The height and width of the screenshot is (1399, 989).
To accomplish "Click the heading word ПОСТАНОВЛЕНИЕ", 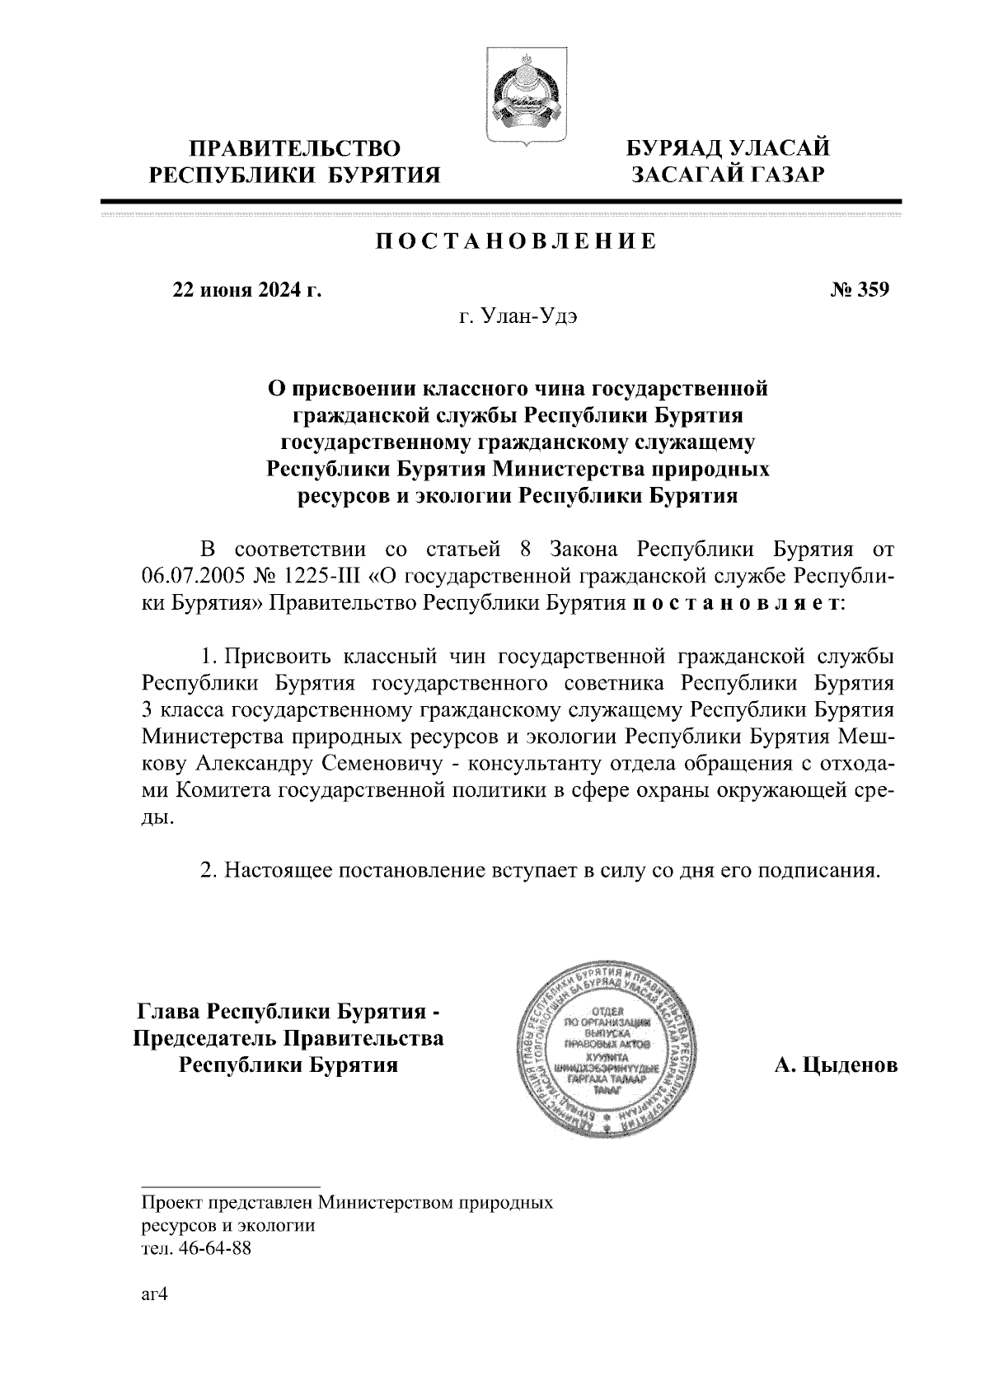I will coord(517,241).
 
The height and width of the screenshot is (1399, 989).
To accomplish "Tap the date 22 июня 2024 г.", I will coord(246,290).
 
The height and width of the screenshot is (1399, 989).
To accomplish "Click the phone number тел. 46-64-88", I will coord(196,1247).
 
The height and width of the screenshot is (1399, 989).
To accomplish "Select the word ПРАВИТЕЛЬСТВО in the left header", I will coord(295,148).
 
